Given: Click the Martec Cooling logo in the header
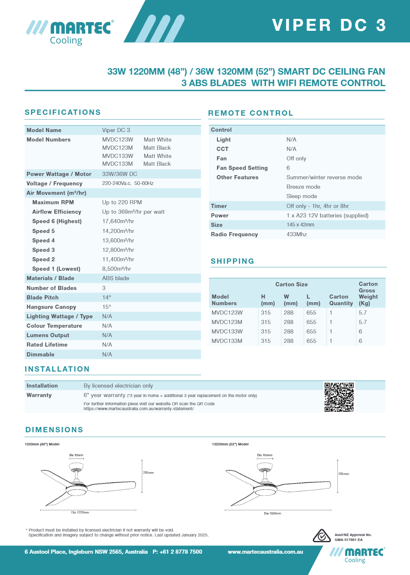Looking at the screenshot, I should tap(70, 32).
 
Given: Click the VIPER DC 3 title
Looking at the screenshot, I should tap(329, 25).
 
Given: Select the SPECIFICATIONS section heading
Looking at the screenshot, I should tap(63, 112).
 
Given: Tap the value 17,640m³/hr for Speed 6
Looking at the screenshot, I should tap(118, 221).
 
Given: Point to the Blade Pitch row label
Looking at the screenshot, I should tap(43, 297).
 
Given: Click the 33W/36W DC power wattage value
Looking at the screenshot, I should tap(120, 174).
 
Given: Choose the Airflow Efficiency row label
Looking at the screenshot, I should tap(57, 212).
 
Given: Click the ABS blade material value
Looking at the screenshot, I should tap(116, 278).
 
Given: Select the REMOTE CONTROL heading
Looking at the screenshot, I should tap(251, 113).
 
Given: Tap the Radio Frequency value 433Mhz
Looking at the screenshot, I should tap(296, 235).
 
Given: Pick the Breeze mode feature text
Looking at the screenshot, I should tap(303, 187).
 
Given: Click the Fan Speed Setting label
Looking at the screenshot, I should tap(242, 168).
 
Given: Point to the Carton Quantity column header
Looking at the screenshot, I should tap(341, 300).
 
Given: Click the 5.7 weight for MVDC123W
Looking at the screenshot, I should tap(363, 313).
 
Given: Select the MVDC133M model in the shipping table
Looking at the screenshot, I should tap(227, 341).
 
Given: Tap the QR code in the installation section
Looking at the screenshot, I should tap(339, 397).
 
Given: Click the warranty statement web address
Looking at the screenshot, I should tap(139, 409).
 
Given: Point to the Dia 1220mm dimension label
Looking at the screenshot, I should tap(80, 512).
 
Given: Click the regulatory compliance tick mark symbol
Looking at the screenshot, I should tap(322, 536).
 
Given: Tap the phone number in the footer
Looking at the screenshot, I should tap(178, 552).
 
